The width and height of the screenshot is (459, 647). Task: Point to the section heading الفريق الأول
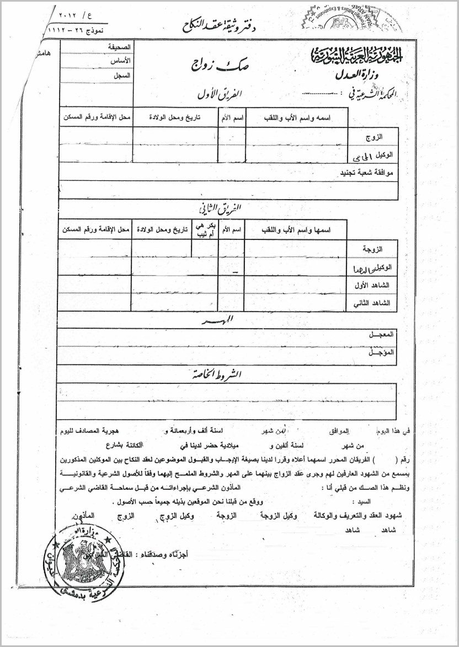[x=220, y=94]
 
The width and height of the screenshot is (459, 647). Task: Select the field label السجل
[x=121, y=75]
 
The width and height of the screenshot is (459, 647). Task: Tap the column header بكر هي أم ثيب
[x=204, y=229]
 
